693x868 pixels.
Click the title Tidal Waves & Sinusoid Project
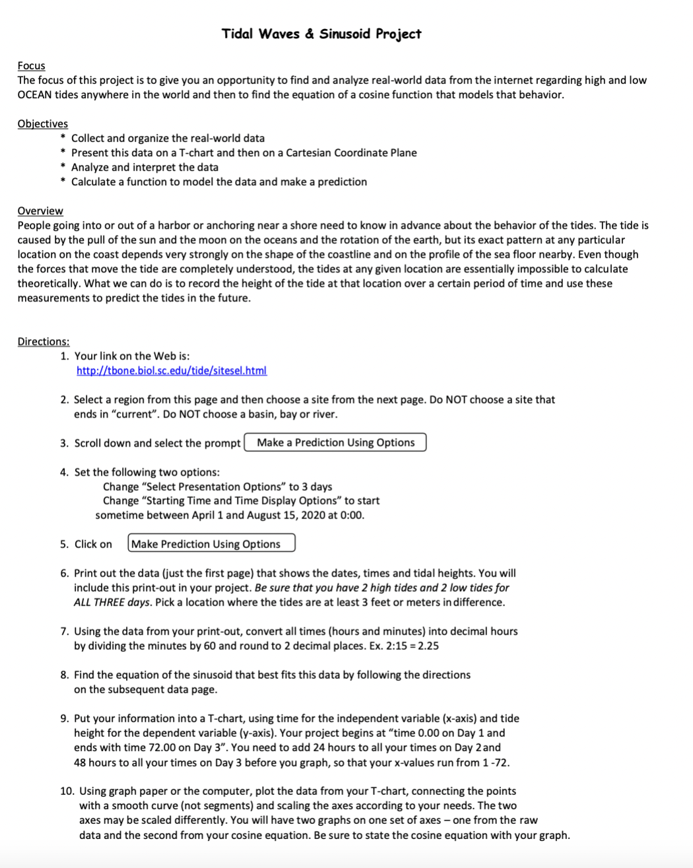pyautogui.click(x=321, y=34)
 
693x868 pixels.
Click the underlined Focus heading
pyautogui.click(x=31, y=65)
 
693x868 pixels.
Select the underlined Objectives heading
pyautogui.click(x=42, y=123)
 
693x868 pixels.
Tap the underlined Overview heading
pyautogui.click(x=40, y=210)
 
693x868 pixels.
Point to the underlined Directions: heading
pyautogui.click(x=44, y=341)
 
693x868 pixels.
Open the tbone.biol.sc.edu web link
pyautogui.click(x=172, y=371)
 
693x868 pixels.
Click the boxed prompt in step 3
pyautogui.click(x=335, y=443)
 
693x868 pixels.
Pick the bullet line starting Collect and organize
pyautogui.click(x=168, y=138)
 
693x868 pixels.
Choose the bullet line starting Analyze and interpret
pyautogui.click(x=145, y=167)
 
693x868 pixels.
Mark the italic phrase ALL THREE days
pyautogui.click(x=104, y=602)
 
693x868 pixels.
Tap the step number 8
pyautogui.click(x=64, y=675)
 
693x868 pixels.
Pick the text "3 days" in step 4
pyautogui.click(x=316, y=486)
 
